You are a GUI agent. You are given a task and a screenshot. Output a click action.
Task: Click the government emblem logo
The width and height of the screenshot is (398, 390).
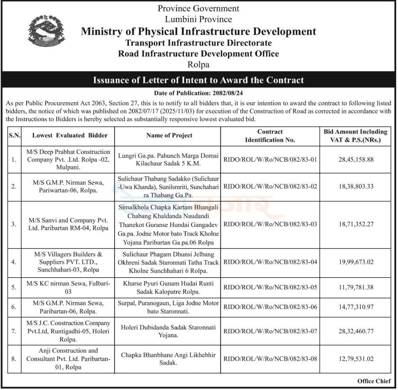coord(46,30)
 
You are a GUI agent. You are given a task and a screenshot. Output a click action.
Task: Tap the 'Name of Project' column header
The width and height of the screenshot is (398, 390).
coord(169,136)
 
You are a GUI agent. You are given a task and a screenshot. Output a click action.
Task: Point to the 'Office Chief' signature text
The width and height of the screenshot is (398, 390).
coord(374,381)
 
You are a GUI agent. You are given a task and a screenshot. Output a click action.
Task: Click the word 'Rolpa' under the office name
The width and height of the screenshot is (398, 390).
coord(199,65)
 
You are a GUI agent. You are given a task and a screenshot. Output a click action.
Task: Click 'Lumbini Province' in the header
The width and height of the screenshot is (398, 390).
coord(199,19)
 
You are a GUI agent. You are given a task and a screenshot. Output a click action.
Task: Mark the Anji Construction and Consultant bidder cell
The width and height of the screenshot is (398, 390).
coord(68,359)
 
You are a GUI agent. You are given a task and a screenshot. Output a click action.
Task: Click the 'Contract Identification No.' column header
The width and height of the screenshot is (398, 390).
coord(270,136)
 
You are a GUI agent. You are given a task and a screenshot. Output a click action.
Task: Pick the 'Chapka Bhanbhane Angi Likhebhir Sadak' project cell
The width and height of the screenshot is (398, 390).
coord(169,359)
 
